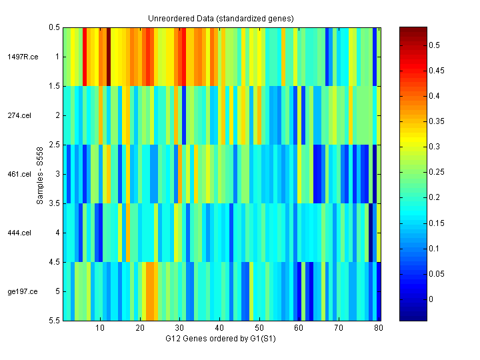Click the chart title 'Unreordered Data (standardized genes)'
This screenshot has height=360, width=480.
(221, 18)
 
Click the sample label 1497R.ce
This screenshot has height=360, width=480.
(23, 57)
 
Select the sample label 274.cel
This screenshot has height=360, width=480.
(20, 115)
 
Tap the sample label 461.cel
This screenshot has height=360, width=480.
(20, 174)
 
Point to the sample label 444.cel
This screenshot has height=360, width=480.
(20, 233)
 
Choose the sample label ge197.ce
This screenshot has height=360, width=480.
(23, 291)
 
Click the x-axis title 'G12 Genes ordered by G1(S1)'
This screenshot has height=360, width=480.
(221, 339)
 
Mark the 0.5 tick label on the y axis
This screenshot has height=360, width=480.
(54, 27)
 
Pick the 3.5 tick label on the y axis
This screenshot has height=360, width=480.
(54, 203)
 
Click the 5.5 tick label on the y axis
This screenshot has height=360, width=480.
(54, 321)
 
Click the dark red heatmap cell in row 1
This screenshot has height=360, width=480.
(108, 57)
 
